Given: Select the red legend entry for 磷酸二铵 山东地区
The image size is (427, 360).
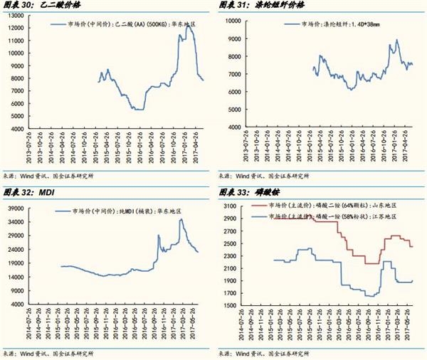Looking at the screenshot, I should point(334,206).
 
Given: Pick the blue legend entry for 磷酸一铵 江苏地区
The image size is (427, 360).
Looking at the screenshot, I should point(334,216).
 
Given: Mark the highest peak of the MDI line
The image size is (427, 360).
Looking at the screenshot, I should point(181,219).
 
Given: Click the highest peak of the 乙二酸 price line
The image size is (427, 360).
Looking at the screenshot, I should point(187,25).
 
